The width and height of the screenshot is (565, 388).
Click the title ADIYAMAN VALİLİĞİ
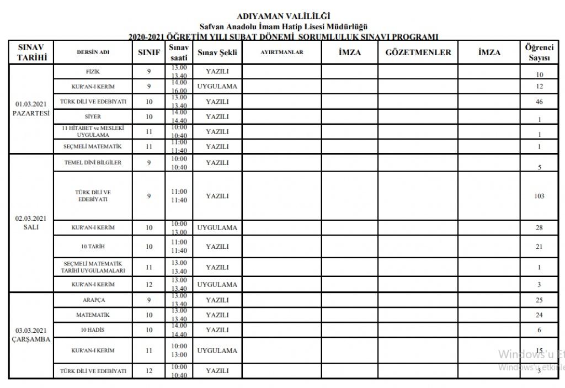(x=284, y=16)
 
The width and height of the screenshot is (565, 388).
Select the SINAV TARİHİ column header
(x=31, y=52)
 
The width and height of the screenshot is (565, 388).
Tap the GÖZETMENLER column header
(x=418, y=52)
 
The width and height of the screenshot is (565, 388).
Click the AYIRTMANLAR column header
(x=282, y=52)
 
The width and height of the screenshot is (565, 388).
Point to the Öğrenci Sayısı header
(x=539, y=52)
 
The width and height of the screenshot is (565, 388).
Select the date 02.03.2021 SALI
(x=31, y=222)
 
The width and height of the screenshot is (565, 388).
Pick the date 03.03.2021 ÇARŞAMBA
(x=31, y=335)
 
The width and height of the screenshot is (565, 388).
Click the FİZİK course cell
(x=93, y=72)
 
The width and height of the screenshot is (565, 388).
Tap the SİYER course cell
(x=93, y=117)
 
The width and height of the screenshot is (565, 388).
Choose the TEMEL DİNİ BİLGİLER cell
(x=93, y=163)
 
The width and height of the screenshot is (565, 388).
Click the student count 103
(x=539, y=196)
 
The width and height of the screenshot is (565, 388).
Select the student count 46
(x=539, y=102)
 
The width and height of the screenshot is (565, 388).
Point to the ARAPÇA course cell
(x=93, y=300)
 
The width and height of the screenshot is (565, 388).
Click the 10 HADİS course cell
(x=93, y=330)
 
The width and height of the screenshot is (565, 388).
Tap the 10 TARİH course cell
(x=93, y=247)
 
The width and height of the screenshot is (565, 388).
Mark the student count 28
(x=539, y=228)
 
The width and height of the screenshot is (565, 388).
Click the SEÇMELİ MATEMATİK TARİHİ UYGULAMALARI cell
(x=93, y=267)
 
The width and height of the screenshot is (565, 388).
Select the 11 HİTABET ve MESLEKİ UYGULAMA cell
(x=93, y=131)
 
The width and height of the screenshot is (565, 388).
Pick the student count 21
(x=539, y=247)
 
